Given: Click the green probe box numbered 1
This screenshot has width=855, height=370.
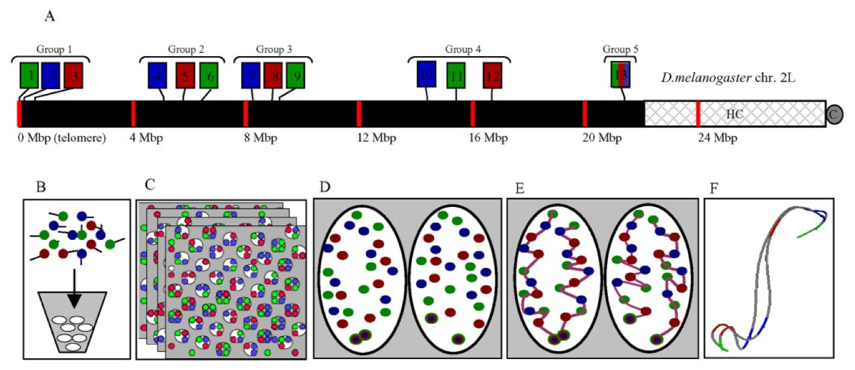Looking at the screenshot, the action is pyautogui.click(x=29, y=76).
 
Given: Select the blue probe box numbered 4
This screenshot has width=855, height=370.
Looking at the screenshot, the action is pyautogui.click(x=157, y=76).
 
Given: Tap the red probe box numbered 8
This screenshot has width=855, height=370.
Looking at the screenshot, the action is pyautogui.click(x=273, y=76).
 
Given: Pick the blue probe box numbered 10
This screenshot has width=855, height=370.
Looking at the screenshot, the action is pyautogui.click(x=427, y=74).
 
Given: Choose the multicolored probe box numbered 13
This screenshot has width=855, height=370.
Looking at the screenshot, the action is pyautogui.click(x=620, y=75).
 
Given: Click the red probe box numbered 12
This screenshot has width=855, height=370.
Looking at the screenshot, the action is pyautogui.click(x=492, y=76).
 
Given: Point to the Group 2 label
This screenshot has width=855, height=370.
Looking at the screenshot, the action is pyautogui.click(x=186, y=49).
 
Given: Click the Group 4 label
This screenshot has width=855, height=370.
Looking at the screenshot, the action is pyautogui.click(x=463, y=49).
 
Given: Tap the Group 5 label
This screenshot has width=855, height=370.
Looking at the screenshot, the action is pyautogui.click(x=620, y=49).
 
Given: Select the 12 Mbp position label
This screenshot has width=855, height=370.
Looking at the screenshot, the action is pyautogui.click(x=377, y=137).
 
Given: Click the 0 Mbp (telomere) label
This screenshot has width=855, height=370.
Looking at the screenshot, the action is pyautogui.click(x=62, y=137).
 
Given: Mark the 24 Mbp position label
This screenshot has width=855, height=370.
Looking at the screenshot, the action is pyautogui.click(x=718, y=137).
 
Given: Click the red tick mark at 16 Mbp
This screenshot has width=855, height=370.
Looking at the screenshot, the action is pyautogui.click(x=472, y=114).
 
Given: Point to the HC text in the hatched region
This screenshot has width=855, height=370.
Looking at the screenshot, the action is pyautogui.click(x=734, y=114).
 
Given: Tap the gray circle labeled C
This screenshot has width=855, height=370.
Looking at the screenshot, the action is pyautogui.click(x=834, y=115).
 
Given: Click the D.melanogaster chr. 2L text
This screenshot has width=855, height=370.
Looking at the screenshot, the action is pyautogui.click(x=728, y=78).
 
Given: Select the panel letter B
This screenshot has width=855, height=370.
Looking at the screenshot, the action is pyautogui.click(x=40, y=187).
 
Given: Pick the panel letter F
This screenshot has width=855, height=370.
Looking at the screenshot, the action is pyautogui.click(x=713, y=188).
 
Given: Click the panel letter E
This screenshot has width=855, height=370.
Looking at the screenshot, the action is pyautogui.click(x=519, y=188).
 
